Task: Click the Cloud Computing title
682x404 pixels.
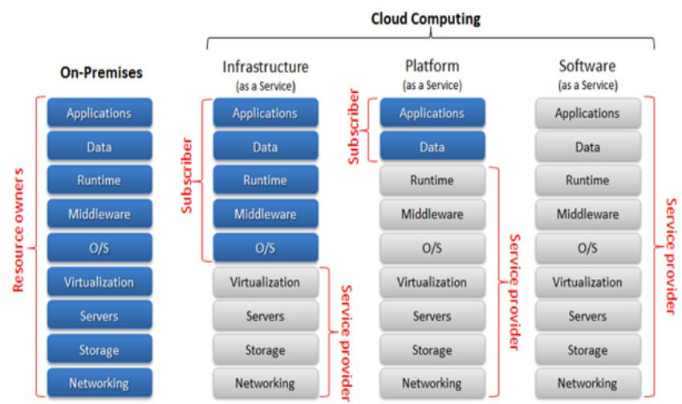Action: pos(426,18)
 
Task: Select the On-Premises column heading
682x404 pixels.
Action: pos(101,73)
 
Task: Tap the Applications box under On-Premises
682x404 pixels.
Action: pos(99,113)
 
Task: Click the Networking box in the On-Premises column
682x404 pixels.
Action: pos(99,382)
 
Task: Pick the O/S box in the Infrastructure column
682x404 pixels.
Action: pos(265,248)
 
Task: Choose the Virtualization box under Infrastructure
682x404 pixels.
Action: pos(265,282)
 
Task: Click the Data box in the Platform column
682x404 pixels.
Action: pos(432,147)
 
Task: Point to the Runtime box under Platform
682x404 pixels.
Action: pos(432,181)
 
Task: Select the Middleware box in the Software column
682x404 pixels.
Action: pos(587,214)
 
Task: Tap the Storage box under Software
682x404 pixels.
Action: pos(587,349)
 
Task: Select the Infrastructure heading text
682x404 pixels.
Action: pos(265,67)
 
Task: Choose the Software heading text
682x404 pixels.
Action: pos(587,67)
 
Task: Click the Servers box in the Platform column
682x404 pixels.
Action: pos(432,316)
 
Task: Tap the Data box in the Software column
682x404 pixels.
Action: pos(587,147)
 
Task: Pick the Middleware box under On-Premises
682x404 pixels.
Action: pos(99,214)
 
